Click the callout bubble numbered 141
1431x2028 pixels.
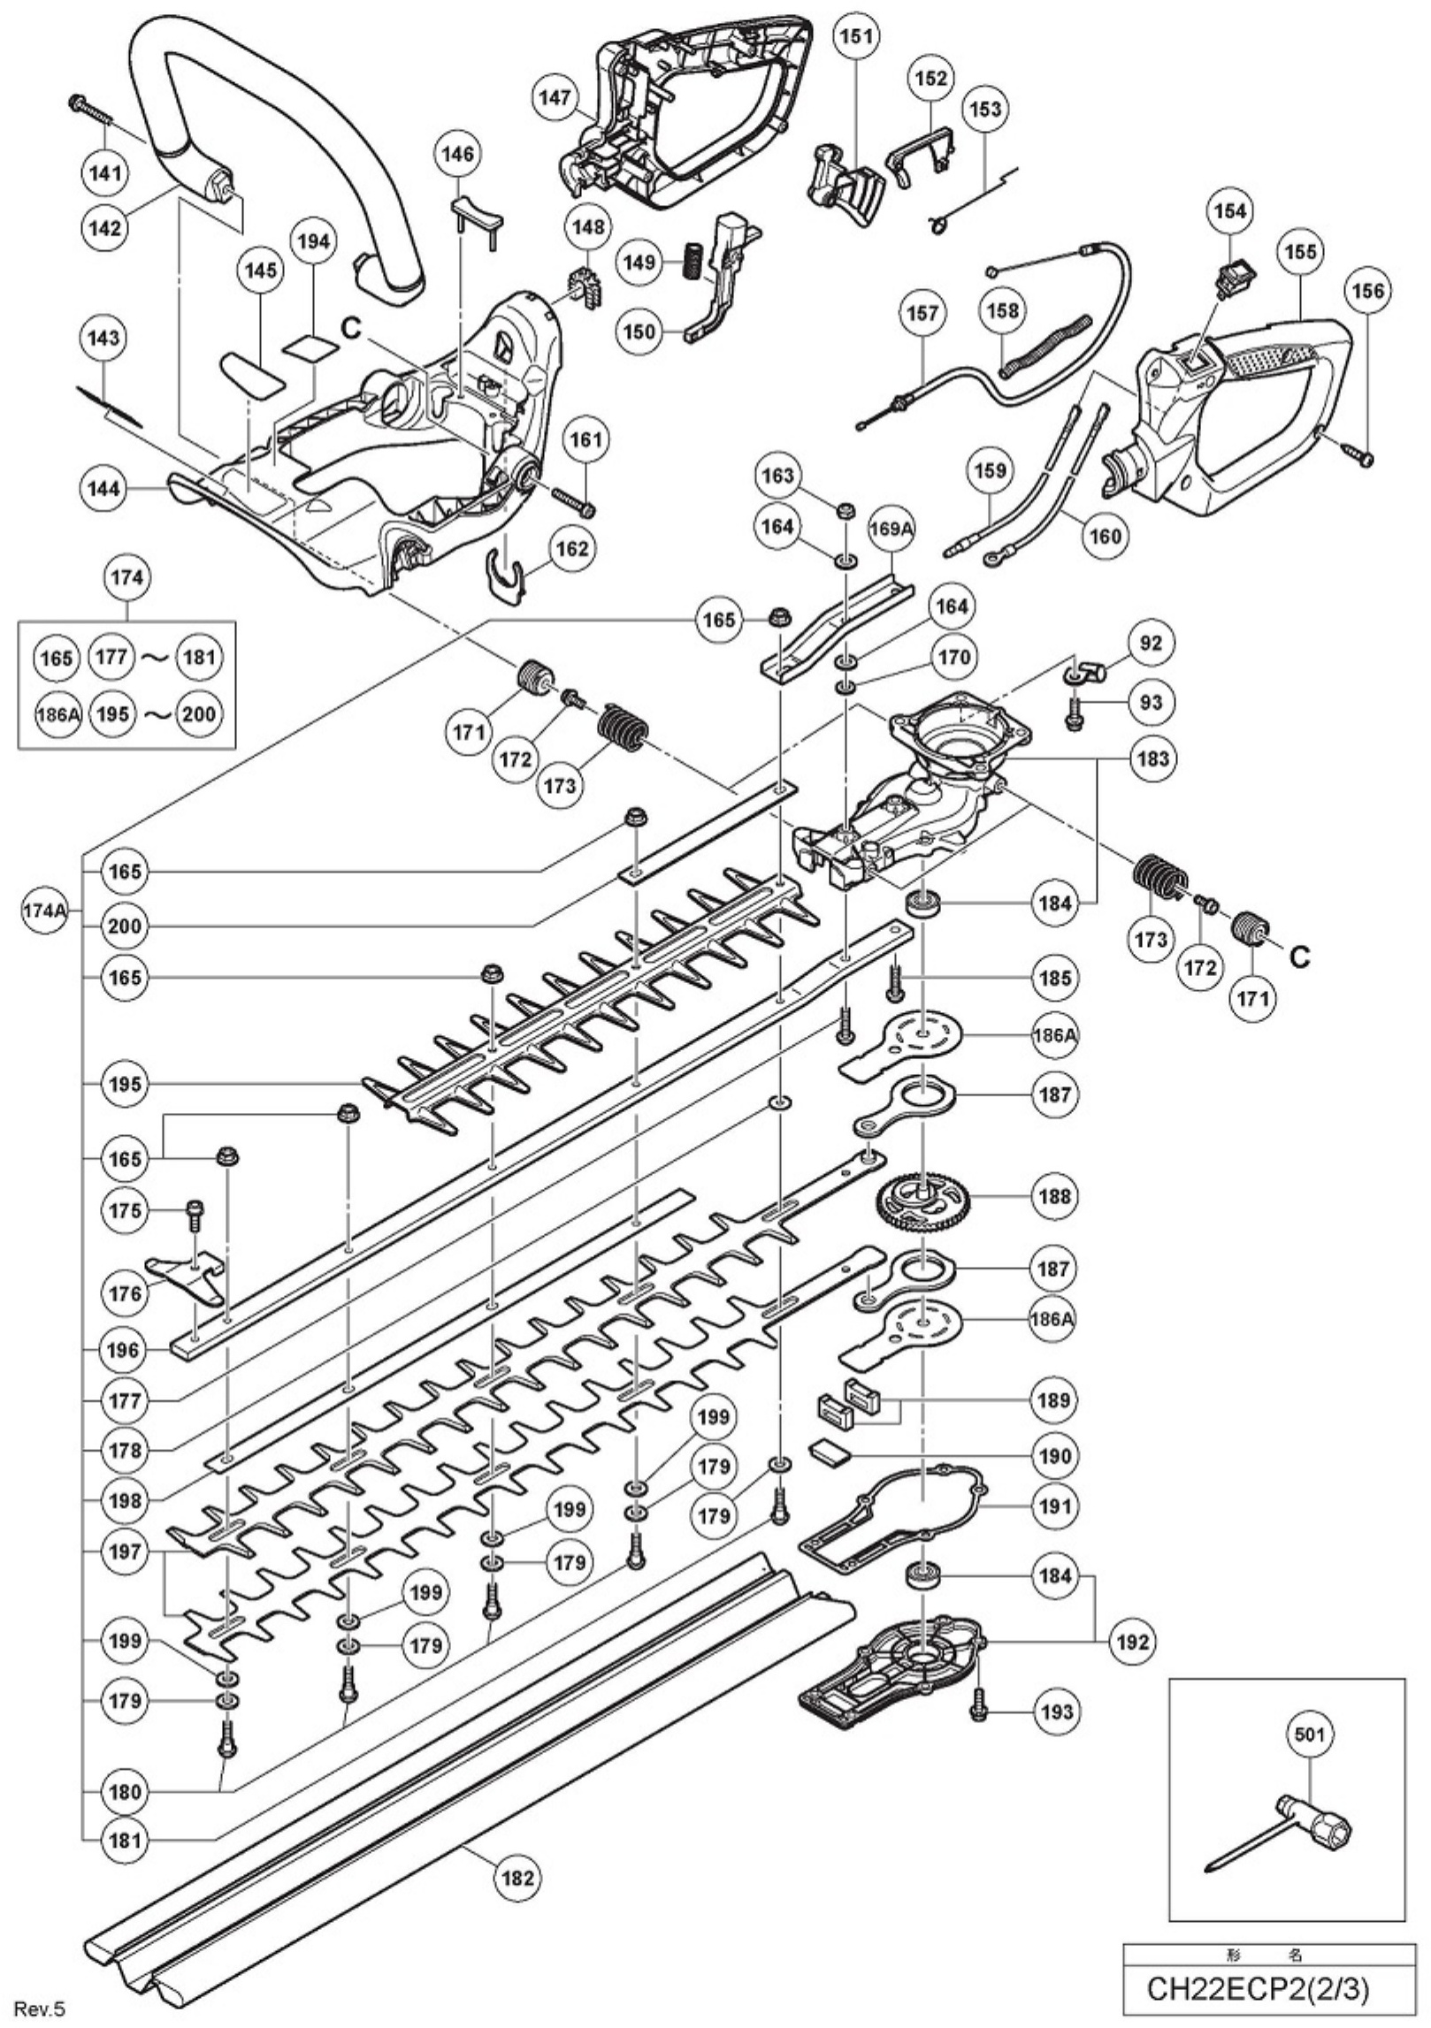pyautogui.click(x=104, y=173)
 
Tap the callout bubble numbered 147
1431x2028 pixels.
pyautogui.click(x=556, y=98)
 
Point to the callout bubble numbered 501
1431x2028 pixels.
pyautogui.click(x=1309, y=1734)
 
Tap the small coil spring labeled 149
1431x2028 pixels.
pyautogui.click(x=691, y=262)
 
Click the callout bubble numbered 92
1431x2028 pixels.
pyautogui.click(x=1152, y=643)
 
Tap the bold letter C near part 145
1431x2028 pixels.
pyautogui.click(x=351, y=327)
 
